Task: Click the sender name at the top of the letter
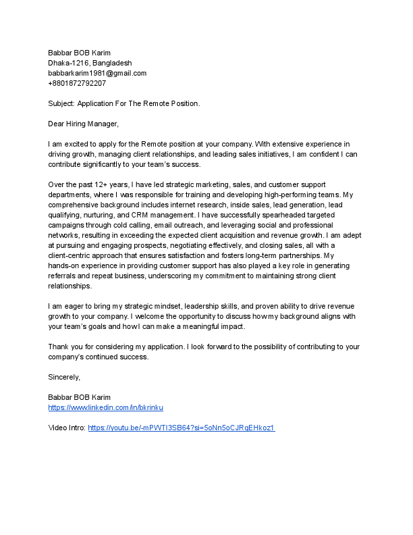80,53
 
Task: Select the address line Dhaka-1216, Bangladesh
90,63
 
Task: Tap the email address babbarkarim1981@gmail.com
97,73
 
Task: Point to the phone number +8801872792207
77,83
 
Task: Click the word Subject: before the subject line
61,103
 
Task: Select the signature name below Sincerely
80,397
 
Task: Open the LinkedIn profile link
106,407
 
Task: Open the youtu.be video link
181,428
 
